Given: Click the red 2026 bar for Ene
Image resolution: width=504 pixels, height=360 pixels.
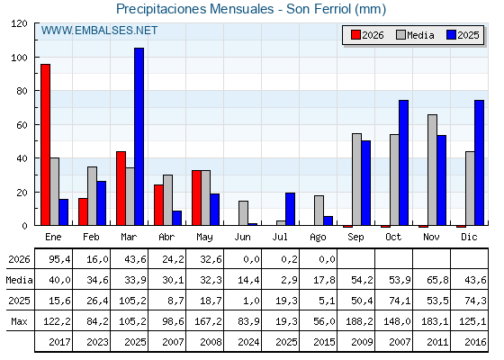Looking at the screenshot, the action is coord(45,145).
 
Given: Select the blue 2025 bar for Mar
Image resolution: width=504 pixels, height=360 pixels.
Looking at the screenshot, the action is coord(139,137).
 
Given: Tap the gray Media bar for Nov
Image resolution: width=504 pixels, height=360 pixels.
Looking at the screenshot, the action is coord(432,170).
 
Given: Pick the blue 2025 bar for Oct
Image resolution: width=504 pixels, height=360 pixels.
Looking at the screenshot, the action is coord(404,163).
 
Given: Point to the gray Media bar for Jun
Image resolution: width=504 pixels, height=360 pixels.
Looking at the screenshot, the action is coord(243,213).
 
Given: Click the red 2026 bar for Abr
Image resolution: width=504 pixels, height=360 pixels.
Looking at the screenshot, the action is coord(158,205).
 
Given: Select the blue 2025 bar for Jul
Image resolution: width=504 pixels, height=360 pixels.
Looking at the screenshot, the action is coord(290,209).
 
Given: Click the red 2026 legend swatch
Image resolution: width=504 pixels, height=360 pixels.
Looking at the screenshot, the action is coord(355,35).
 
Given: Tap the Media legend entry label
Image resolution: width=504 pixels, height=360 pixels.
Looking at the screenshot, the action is coord(420,35).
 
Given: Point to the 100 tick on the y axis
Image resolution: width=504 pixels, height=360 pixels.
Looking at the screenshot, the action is coord(36,58).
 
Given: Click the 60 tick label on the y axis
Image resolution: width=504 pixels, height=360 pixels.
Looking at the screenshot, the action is coord(22,125).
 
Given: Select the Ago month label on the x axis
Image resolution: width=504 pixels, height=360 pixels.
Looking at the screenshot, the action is coord(318,238).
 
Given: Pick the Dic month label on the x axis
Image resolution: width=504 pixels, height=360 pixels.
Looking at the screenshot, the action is coord(469,237).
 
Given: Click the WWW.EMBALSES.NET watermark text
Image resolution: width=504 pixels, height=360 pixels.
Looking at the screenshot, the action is coord(99,31).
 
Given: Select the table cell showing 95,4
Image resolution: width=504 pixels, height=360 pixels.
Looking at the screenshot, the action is coord(59,259).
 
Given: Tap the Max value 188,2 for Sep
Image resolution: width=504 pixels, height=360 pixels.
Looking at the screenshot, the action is coord(359,321).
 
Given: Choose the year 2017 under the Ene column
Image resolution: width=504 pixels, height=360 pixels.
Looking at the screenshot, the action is coord(59,342).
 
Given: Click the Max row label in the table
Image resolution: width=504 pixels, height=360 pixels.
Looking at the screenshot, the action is coord(19,321).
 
